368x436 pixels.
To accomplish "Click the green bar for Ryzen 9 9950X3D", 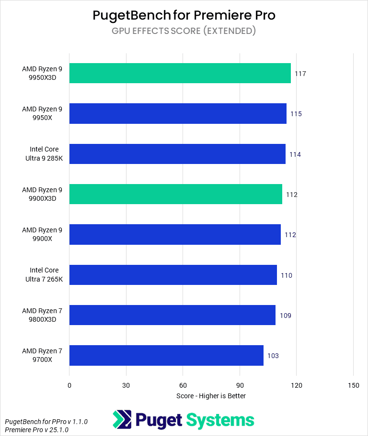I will (x=180, y=73).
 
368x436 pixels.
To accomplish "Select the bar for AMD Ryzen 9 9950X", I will (x=178, y=114).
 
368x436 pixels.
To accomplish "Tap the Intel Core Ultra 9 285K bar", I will (x=177, y=154).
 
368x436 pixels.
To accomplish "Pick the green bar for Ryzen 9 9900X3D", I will (x=175, y=194).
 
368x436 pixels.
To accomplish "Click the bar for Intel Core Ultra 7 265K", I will (x=173, y=275).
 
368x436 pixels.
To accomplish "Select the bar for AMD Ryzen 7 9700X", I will (x=166, y=355).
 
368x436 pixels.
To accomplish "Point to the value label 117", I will (x=300, y=74).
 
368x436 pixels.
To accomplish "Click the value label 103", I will (x=273, y=356).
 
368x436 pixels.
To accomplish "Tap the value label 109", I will (x=285, y=316).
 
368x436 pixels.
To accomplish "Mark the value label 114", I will (x=295, y=154).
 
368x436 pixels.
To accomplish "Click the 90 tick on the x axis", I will (x=240, y=385).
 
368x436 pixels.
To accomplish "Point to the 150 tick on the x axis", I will (x=353, y=385).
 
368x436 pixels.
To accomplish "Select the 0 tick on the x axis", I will (x=69, y=385).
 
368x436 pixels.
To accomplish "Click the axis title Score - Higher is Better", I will (x=211, y=396).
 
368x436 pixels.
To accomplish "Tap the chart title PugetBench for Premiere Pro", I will (x=184, y=15).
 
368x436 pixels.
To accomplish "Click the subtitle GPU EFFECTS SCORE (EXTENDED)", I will (x=184, y=31).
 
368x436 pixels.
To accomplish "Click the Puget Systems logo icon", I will (x=122, y=420).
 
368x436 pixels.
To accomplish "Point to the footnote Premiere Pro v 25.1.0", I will (x=36, y=430).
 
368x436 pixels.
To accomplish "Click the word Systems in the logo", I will (x=220, y=420).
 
